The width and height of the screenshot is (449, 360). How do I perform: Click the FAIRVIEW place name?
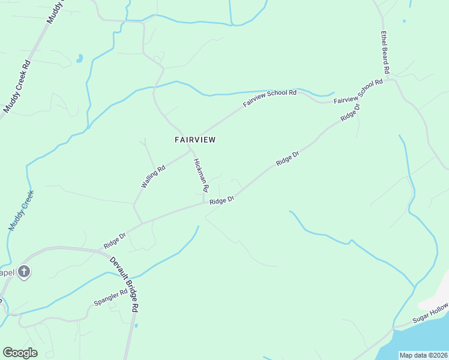pos(194,140)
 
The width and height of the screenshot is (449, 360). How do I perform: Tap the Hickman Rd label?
pos(201,175)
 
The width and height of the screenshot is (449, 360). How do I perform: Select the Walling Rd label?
pos(152,177)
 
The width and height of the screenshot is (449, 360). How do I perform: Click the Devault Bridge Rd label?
pos(125,284)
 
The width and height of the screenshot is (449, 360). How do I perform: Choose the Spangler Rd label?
pos(111,296)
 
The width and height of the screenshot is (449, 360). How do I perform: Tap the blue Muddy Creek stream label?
pos(22,211)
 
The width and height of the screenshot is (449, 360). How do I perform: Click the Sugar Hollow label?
pos(430,314)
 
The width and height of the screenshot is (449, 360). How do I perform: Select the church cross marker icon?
pos(23,272)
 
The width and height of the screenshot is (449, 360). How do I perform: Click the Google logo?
pos(20,353)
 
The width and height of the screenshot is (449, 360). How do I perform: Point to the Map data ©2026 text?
pos(423,355)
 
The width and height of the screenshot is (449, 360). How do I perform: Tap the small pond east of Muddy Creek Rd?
pos(79,59)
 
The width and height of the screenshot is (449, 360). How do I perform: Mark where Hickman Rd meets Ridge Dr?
pos(205,202)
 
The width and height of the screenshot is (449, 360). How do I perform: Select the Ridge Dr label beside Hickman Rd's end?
pos(221,200)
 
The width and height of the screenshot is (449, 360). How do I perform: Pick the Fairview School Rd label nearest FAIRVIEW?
pos(270,98)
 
